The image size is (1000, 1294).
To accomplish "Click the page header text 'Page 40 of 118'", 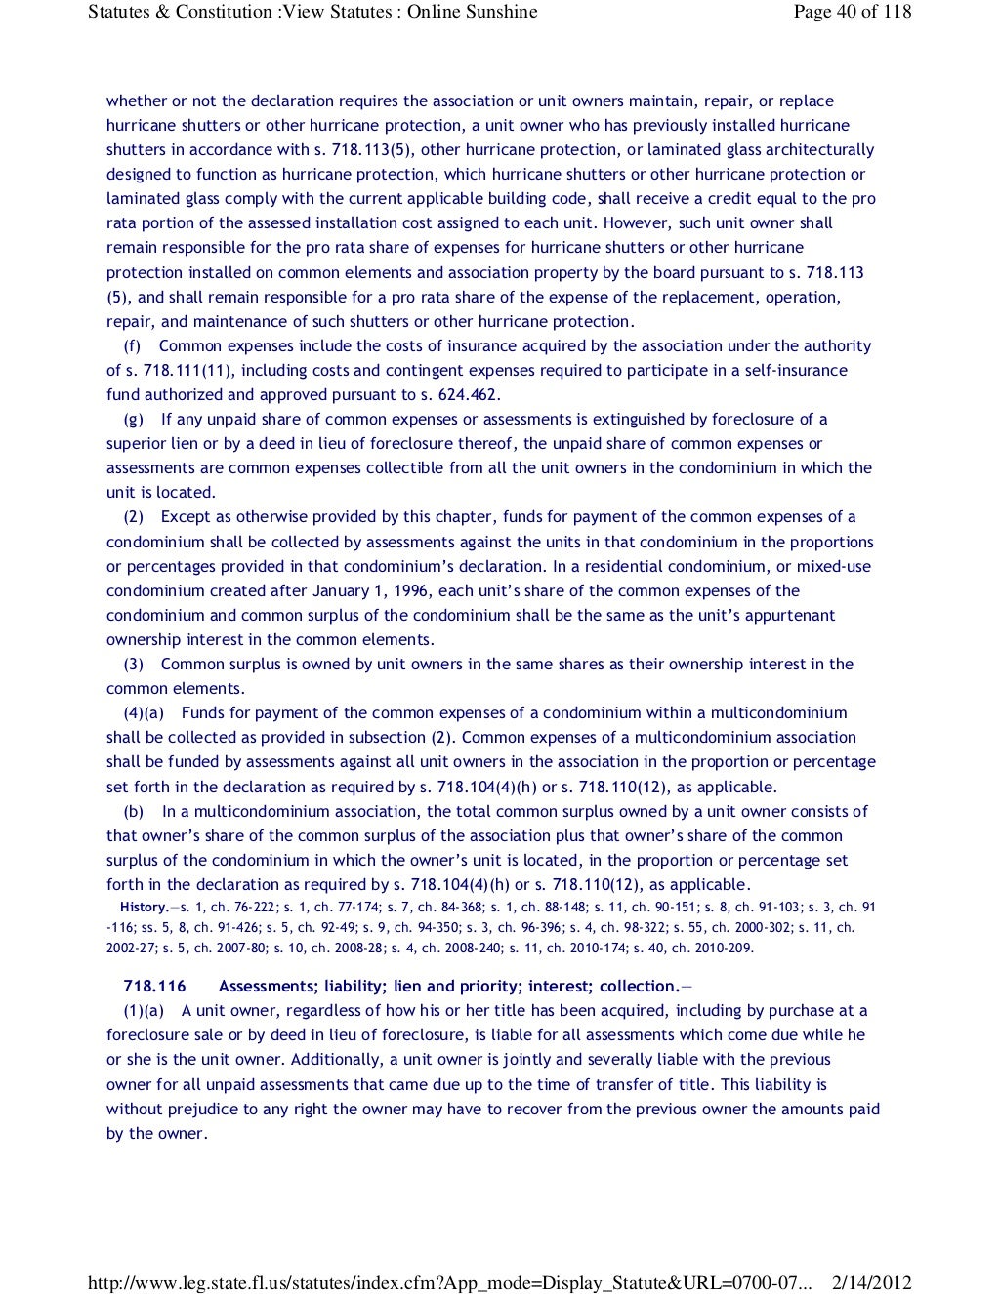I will click(x=852, y=12).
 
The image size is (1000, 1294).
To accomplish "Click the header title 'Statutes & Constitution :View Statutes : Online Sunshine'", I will click(x=312, y=12).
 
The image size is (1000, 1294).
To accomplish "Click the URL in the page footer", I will click(x=449, y=1283).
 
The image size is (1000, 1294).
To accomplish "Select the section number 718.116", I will click(x=154, y=986).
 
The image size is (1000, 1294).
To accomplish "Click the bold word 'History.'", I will click(x=144, y=908).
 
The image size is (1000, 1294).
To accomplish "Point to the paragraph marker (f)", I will click(x=132, y=345).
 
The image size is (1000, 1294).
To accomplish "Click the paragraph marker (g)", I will click(x=133, y=419).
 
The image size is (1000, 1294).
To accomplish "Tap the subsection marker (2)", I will click(x=133, y=516).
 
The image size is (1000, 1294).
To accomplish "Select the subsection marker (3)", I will click(x=133, y=664).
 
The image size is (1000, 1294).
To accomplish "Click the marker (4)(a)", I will click(x=143, y=712).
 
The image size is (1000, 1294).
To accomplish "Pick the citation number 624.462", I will click(x=468, y=394).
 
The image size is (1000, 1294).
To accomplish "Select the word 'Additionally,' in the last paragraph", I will click(x=338, y=1059).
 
